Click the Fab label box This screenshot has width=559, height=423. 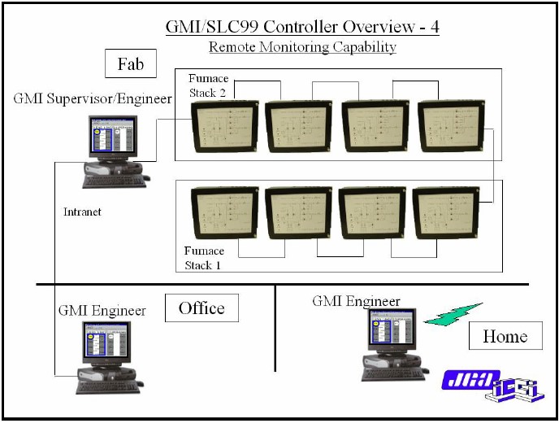[x=130, y=63]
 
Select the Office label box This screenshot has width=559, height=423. [x=201, y=308]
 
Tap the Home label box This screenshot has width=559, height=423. [x=505, y=335]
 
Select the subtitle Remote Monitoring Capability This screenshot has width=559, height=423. [x=302, y=46]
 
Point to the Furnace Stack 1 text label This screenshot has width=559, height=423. [x=204, y=257]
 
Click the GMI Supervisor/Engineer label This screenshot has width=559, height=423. [x=93, y=99]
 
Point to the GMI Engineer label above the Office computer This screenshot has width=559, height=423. [x=102, y=310]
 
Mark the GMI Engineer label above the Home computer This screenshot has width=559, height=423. [x=357, y=301]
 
